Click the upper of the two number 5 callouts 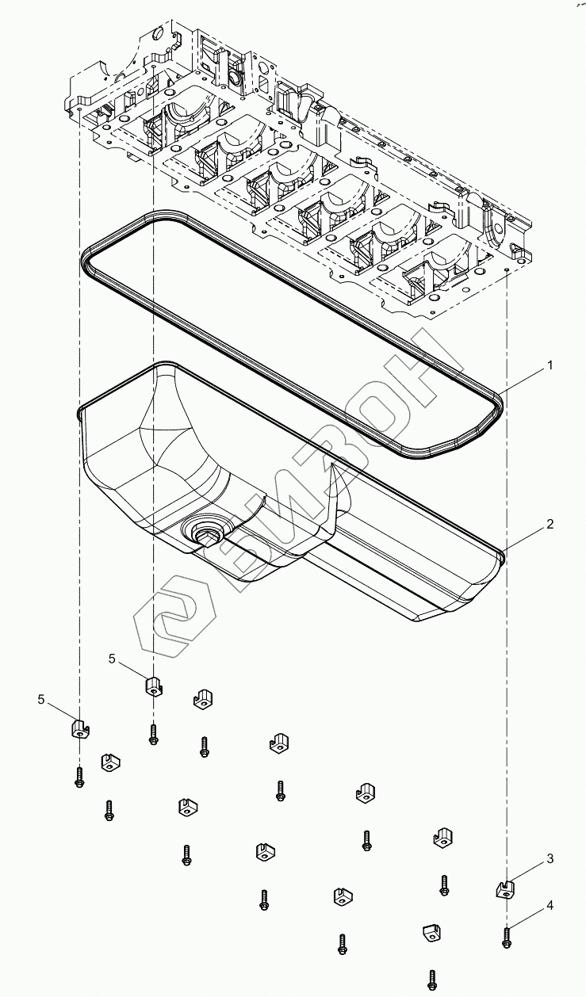[112, 659]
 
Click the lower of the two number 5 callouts [41, 698]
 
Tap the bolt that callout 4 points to [506, 936]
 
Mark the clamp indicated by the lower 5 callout [79, 728]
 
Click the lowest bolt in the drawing [432, 980]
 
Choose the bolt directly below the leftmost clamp [79, 777]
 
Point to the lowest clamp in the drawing [431, 934]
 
